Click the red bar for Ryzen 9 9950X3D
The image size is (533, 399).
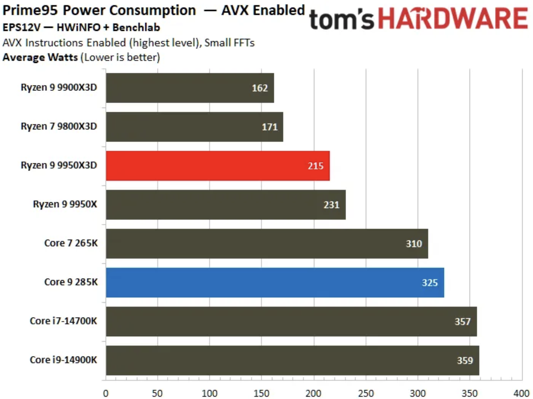(x=218, y=166)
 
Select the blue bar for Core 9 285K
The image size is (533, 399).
(x=275, y=283)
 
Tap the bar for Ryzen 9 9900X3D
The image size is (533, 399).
(x=190, y=88)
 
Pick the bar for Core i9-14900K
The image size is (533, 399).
(x=292, y=360)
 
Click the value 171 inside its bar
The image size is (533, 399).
(x=269, y=127)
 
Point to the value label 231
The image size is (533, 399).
(x=331, y=204)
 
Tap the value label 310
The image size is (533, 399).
(x=414, y=244)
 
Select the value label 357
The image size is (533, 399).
(x=462, y=322)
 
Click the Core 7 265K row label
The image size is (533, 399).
(x=71, y=243)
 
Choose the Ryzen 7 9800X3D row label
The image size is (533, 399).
(x=59, y=126)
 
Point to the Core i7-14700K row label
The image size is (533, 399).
(x=63, y=321)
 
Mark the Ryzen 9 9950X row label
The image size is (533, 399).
(x=65, y=204)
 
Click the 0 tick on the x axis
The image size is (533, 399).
(x=106, y=393)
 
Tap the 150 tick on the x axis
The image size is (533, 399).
(x=262, y=393)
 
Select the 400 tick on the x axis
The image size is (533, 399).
(x=521, y=393)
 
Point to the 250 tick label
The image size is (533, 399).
(x=366, y=393)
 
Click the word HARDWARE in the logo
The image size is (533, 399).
(x=453, y=19)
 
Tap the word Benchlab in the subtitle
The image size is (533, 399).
(x=136, y=27)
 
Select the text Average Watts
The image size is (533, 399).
(x=40, y=57)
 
